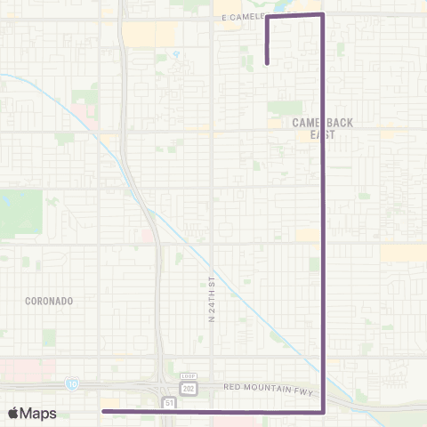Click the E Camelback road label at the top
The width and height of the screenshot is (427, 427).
pyautogui.click(x=238, y=16)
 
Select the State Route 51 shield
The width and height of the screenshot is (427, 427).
pyautogui.click(x=169, y=403)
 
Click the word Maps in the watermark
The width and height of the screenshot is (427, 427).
pyautogui.click(x=39, y=413)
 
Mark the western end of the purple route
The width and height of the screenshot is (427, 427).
pyautogui.click(x=103, y=411)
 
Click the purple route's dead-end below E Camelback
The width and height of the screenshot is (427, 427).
pyautogui.click(x=267, y=63)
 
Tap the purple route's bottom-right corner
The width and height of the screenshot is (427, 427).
pyautogui.click(x=322, y=411)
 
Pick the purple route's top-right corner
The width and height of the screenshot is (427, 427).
pyautogui.click(x=322, y=14)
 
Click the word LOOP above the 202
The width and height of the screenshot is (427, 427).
pyautogui.click(x=188, y=377)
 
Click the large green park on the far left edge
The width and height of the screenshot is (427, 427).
pyautogui.click(x=20, y=212)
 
